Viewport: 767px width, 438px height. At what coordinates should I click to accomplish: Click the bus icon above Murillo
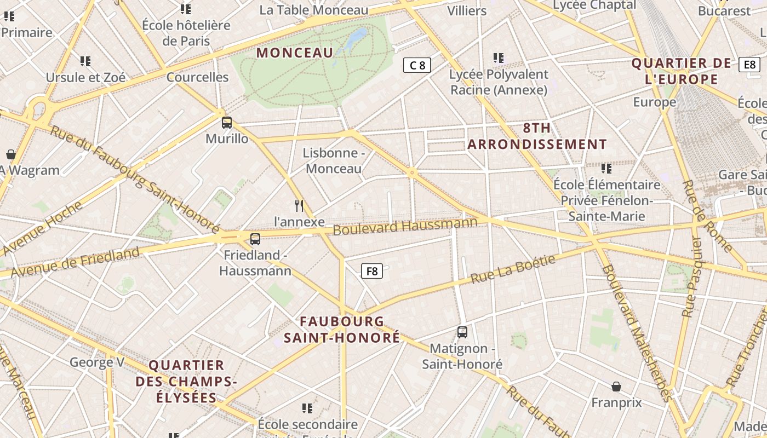(x=226, y=122)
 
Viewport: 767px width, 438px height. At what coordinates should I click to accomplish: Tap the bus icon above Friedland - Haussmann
(x=255, y=239)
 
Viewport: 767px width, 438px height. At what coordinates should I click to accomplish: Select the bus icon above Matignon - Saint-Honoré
(x=462, y=332)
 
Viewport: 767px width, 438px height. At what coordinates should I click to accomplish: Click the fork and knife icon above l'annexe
(x=299, y=206)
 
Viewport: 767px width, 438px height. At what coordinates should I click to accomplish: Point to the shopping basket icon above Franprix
(x=616, y=387)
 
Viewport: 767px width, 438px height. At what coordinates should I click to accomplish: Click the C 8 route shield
(x=417, y=66)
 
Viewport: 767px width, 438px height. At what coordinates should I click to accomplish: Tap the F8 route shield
(x=371, y=271)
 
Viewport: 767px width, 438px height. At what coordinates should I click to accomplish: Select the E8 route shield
(x=749, y=65)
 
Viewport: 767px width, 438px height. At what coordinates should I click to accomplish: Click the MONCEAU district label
(x=295, y=53)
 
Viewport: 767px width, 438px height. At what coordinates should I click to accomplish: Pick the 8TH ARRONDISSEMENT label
(x=537, y=136)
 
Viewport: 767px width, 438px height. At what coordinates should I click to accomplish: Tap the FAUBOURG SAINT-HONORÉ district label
(x=342, y=330)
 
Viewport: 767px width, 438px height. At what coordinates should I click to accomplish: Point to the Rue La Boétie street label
(x=513, y=269)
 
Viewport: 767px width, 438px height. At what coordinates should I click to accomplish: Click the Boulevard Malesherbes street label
(x=636, y=333)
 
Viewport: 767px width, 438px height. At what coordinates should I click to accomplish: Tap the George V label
(x=97, y=362)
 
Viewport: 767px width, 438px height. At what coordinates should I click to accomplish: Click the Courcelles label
(x=197, y=77)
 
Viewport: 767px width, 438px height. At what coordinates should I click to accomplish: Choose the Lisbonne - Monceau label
(x=334, y=160)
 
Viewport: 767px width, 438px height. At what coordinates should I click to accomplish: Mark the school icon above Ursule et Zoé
(x=85, y=61)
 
